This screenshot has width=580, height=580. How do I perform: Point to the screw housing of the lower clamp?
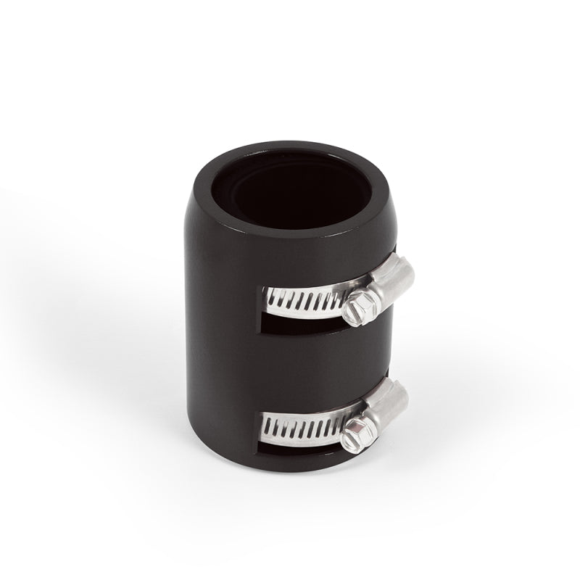pyautogui.click(x=388, y=406)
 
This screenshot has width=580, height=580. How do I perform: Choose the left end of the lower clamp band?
pyautogui.click(x=266, y=424)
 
